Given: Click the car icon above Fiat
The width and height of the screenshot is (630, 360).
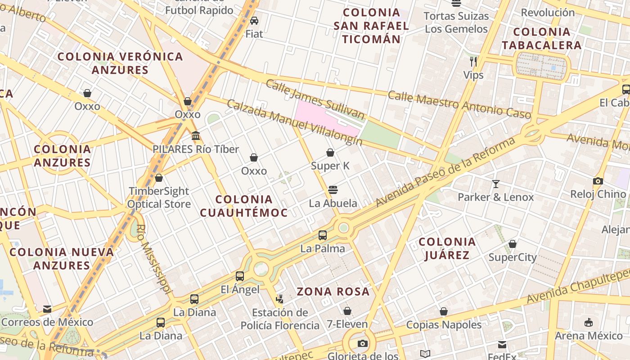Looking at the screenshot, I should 254,21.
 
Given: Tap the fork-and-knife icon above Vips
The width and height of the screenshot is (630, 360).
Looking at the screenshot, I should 473,62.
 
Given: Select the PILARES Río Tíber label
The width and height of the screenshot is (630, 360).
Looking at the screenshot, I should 196,149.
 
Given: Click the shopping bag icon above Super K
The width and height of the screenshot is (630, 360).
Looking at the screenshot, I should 330,153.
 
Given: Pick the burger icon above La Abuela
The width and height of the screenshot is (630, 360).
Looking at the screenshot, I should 333,190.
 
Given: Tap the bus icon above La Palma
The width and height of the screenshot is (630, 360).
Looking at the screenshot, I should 322,235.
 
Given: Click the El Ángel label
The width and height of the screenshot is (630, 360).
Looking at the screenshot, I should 240,289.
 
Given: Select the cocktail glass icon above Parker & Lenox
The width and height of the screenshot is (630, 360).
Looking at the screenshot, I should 495,184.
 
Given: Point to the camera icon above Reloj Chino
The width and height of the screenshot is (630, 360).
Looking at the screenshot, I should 598,181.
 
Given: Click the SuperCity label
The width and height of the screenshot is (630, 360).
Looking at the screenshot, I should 513,257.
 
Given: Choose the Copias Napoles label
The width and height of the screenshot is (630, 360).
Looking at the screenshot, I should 444,324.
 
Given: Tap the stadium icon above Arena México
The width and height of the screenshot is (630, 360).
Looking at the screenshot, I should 588,323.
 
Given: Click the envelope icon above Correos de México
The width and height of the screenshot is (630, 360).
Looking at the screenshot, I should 47,309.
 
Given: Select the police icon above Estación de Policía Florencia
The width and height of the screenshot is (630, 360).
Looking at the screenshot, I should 280,299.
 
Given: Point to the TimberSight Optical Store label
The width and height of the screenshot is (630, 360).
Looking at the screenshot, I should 159,198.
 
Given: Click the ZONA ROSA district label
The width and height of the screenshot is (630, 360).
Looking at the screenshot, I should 333,292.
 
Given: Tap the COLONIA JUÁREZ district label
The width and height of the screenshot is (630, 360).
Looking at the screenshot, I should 447,248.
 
